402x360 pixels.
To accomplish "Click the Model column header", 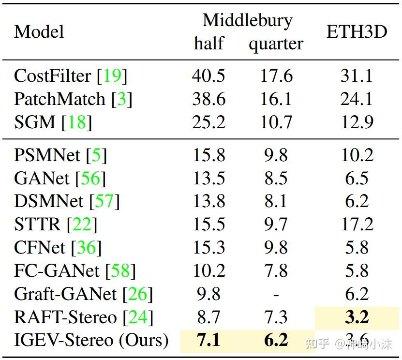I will pyautogui.click(x=39, y=32).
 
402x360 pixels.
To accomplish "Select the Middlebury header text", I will pyautogui.click(x=247, y=20).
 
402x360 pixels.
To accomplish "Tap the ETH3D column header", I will pyautogui.click(x=357, y=32).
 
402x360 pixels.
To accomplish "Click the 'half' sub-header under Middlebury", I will pyautogui.click(x=209, y=44).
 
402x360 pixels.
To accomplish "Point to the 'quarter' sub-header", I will pyautogui.click(x=276, y=44).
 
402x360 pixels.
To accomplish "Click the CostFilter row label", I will pyautogui.click(x=53, y=76).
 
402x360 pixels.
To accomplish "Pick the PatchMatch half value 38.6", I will pyautogui.click(x=209, y=99).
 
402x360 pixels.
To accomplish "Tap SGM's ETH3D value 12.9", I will pyautogui.click(x=357, y=122).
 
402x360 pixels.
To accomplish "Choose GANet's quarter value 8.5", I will pyautogui.click(x=276, y=178).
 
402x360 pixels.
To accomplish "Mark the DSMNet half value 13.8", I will pyautogui.click(x=209, y=201).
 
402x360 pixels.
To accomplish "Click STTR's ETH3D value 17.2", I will pyautogui.click(x=357, y=224).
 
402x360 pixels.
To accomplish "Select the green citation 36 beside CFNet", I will pyautogui.click(x=87, y=248).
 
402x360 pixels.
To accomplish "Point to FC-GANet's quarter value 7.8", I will pyautogui.click(x=276, y=270).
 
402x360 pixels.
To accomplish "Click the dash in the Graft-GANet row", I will pyautogui.click(x=276, y=294).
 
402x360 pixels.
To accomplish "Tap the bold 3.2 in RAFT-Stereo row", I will pyautogui.click(x=357, y=317).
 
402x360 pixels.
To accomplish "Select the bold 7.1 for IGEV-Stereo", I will pyautogui.click(x=209, y=340).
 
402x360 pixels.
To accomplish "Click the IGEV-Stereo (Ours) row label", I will pyautogui.click(x=91, y=340).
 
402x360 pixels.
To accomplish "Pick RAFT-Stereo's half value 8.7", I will pyautogui.click(x=209, y=317).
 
